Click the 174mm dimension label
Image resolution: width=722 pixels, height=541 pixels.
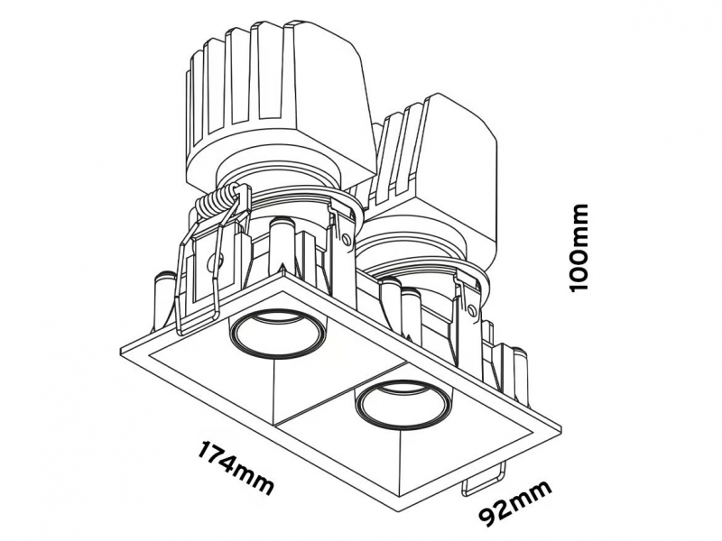(x=236, y=467)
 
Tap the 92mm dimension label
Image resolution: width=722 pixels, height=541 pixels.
(x=515, y=504)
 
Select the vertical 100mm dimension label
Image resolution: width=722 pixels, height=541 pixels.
(x=579, y=247)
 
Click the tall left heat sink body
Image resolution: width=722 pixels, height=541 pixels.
(x=280, y=105)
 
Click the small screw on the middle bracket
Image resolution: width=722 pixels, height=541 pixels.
(x=347, y=239)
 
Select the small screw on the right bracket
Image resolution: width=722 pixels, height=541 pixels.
(x=471, y=309)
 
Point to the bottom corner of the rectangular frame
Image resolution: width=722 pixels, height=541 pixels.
(x=402, y=509)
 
